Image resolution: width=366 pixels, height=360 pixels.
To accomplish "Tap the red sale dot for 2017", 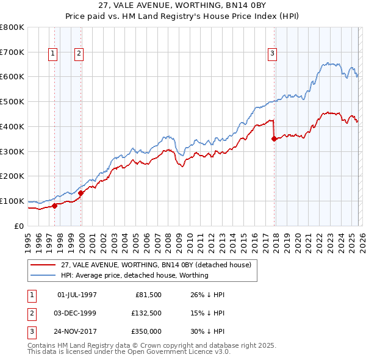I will [x=274, y=139].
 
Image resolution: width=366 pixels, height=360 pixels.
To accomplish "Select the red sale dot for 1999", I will [x=81, y=193].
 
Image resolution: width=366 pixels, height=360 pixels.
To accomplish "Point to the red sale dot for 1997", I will [x=54, y=206].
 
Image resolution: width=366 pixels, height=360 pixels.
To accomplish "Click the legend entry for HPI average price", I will [x=134, y=275].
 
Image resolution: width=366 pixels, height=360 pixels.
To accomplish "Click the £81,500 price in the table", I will [x=148, y=295].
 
